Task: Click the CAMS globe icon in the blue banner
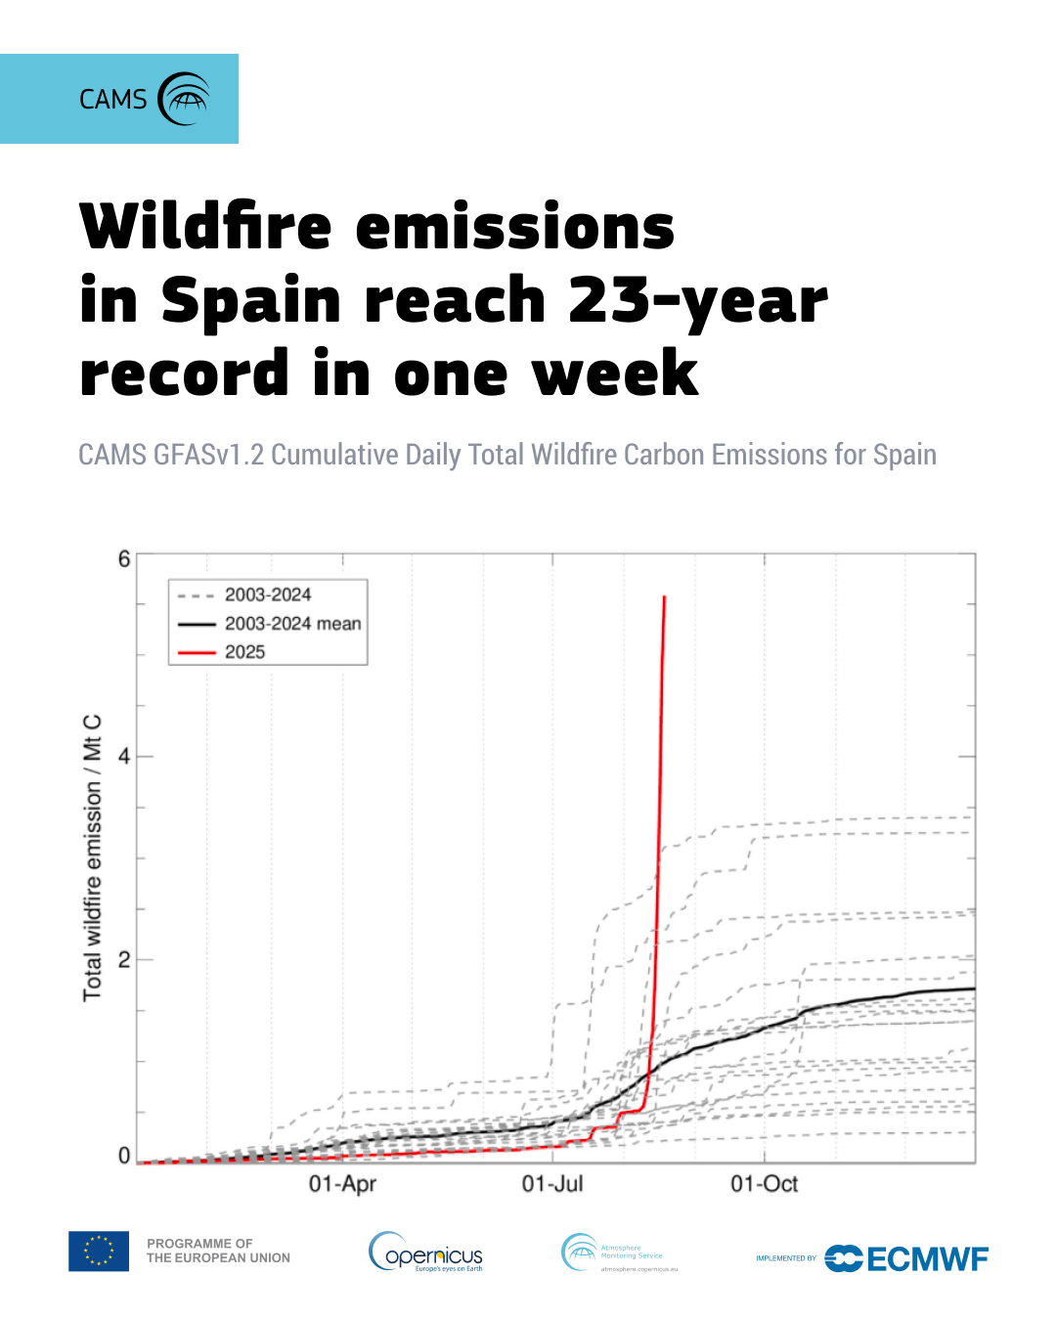[185, 99]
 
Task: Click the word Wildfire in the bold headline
[206, 227]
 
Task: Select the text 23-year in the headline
[697, 300]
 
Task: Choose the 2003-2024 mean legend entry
[291, 624]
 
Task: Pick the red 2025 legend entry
[244, 652]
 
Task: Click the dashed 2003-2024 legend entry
[267, 594]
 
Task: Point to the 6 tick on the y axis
[124, 559]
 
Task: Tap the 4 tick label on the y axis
[124, 757]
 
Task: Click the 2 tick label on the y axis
[124, 960]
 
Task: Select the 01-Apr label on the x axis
[342, 1184]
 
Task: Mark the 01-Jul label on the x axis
[552, 1184]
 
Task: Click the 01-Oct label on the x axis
[764, 1184]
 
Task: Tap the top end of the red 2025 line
[665, 597]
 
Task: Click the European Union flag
[99, 1252]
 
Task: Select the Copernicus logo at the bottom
[426, 1253]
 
